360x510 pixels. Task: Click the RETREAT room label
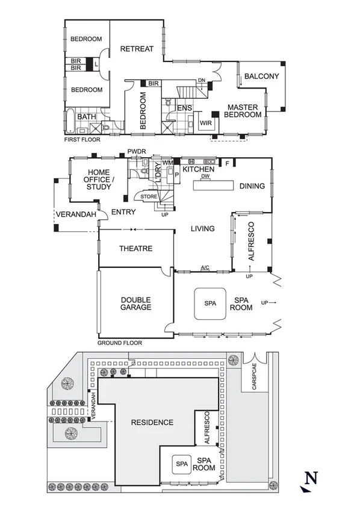pyautogui.click(x=137, y=49)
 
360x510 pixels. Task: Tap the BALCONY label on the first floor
pyautogui.click(x=261, y=76)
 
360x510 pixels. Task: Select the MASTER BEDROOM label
pyautogui.click(x=242, y=111)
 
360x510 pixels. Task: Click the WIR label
pyautogui.click(x=206, y=123)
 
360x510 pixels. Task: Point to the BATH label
pyautogui.click(x=87, y=117)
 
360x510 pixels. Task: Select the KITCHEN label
pyautogui.click(x=199, y=170)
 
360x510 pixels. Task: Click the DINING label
pyautogui.click(x=252, y=186)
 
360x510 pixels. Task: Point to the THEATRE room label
pyautogui.click(x=135, y=249)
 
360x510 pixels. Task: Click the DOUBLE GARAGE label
pyautogui.click(x=135, y=303)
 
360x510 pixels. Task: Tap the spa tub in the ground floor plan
pyautogui.click(x=209, y=303)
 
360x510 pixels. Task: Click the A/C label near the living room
pyautogui.click(x=205, y=267)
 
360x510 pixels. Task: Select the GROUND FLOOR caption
pyautogui.click(x=119, y=343)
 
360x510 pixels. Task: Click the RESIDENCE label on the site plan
pyautogui.click(x=152, y=422)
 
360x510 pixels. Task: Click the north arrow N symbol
pyautogui.click(x=309, y=480)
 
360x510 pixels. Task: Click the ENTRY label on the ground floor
pyautogui.click(x=123, y=211)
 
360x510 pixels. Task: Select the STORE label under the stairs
pyautogui.click(x=149, y=197)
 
